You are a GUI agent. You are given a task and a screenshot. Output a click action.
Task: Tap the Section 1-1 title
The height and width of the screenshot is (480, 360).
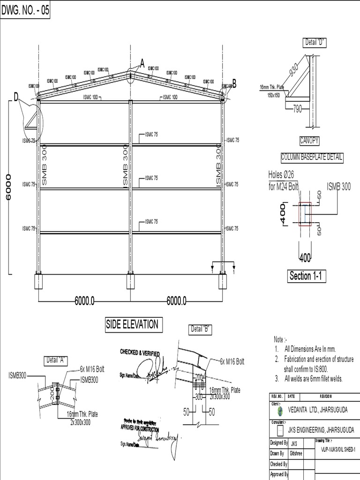pyautogui.click(x=307, y=276)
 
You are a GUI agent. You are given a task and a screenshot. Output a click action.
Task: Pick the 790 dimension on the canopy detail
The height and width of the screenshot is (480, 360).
pyautogui.click(x=297, y=109)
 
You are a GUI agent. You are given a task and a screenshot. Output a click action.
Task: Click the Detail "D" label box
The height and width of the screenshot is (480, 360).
pyautogui.click(x=315, y=42)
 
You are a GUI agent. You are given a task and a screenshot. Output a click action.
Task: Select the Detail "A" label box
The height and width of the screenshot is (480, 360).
pyautogui.click(x=56, y=360)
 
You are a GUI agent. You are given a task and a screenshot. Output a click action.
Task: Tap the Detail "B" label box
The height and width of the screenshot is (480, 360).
pyautogui.click(x=200, y=330)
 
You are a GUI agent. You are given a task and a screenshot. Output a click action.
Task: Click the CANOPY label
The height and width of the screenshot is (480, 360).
pyautogui.click(x=309, y=141)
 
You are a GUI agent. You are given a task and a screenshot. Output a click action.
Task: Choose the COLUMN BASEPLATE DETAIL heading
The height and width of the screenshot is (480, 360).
pyautogui.click(x=312, y=158)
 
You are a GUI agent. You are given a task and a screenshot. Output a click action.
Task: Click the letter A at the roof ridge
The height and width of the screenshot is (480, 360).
pyautogui.click(x=142, y=64)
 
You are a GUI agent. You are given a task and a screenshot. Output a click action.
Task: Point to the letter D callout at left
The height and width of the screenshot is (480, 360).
pyautogui.click(x=16, y=97)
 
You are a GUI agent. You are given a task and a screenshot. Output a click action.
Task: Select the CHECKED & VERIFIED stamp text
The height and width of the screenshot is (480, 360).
pyautogui.click(x=140, y=352)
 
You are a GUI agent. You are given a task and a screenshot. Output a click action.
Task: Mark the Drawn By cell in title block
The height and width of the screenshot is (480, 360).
pyautogui.click(x=277, y=454)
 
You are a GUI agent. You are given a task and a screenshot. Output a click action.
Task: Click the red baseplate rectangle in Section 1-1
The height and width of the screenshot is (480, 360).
pyautogui.click(x=306, y=214)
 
